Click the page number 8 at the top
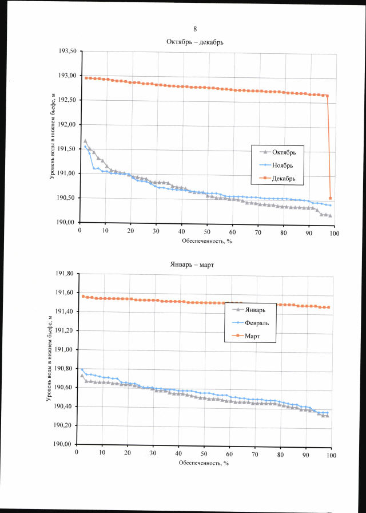195,29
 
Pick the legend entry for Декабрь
287,178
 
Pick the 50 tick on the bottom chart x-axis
204,453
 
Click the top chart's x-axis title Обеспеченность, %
206,241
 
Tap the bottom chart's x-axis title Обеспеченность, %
204,463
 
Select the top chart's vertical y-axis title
52,137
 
